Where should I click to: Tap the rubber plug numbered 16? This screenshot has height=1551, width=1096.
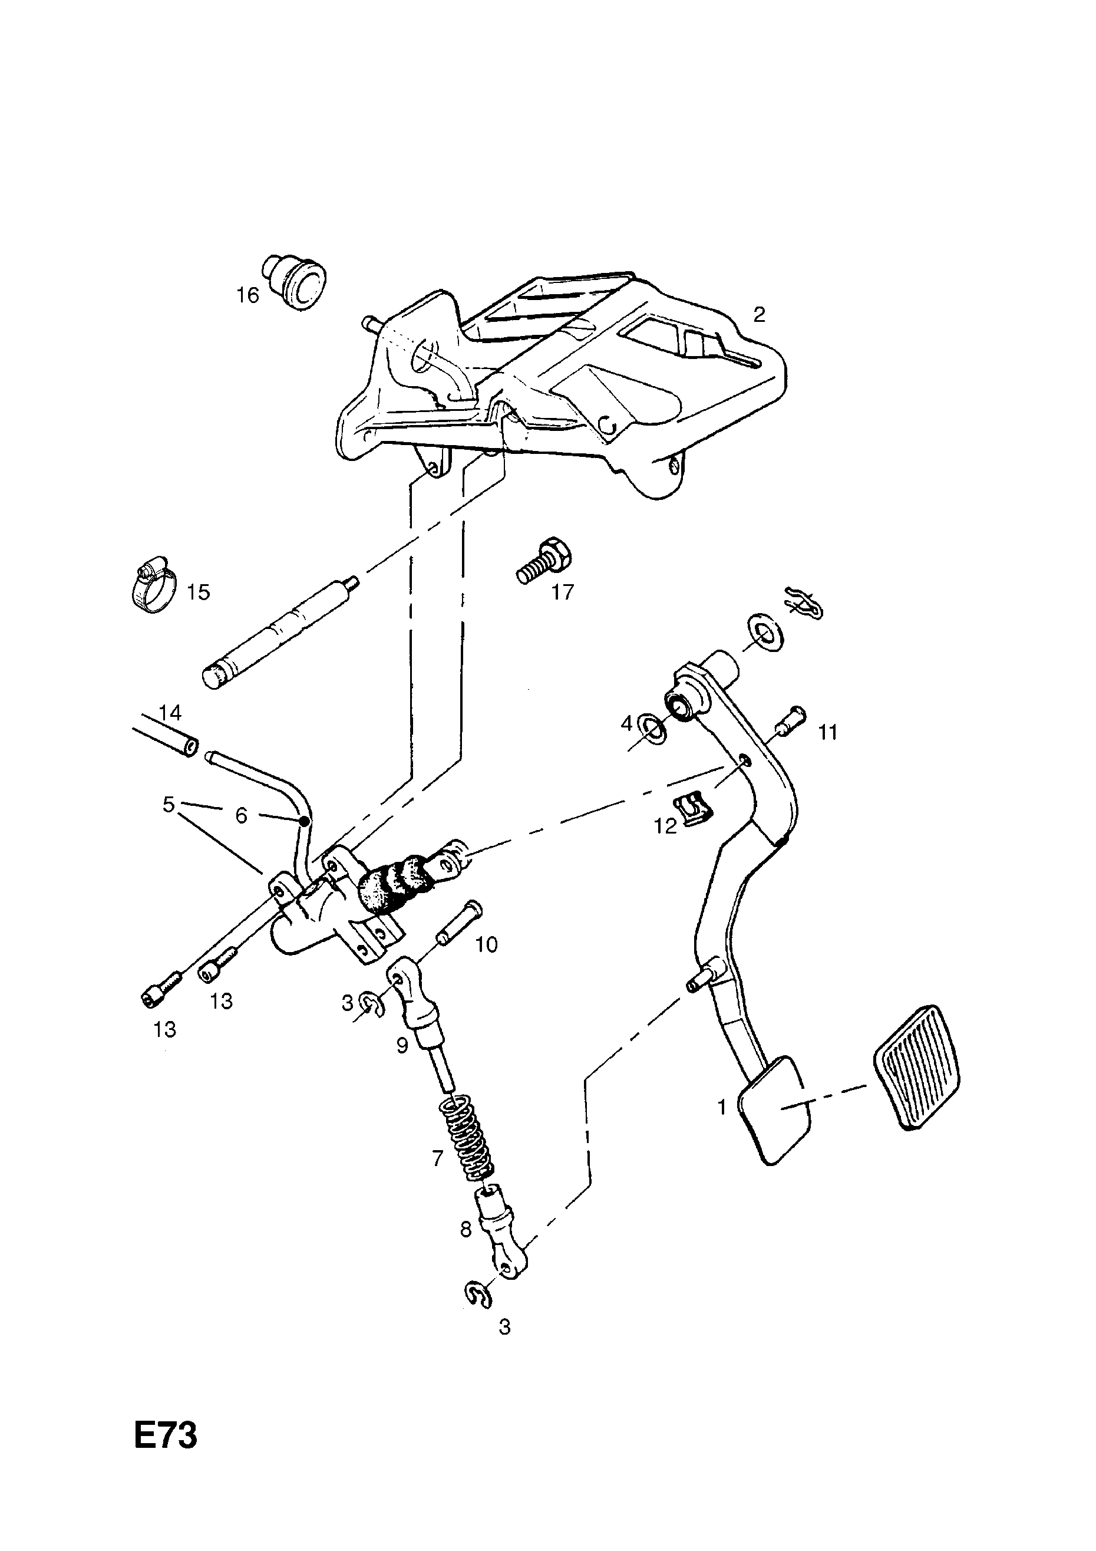295,282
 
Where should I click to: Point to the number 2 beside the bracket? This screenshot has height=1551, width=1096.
759,314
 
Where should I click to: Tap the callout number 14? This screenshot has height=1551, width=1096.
170,713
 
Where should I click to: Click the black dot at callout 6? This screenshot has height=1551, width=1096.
305,821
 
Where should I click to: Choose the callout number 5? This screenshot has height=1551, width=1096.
168,804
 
